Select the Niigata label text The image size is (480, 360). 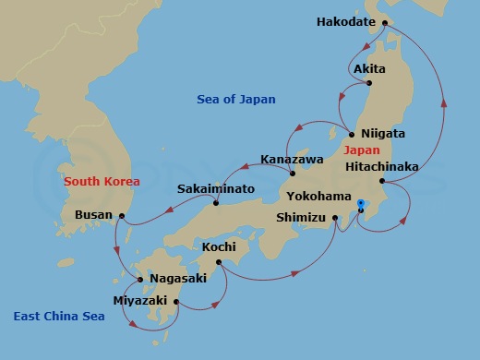(x=383, y=133)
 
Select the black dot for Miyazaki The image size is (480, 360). (x=175, y=301)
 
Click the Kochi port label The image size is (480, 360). (x=219, y=246)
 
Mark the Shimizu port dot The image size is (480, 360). (x=336, y=219)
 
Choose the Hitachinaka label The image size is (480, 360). (x=381, y=166)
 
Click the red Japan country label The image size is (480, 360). (x=360, y=150)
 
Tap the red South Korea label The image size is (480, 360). (x=101, y=182)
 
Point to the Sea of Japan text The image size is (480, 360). (x=236, y=99)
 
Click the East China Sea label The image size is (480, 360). (x=59, y=317)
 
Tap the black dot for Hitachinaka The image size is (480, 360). (x=381, y=180)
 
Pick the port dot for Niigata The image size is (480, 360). (x=352, y=134)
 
